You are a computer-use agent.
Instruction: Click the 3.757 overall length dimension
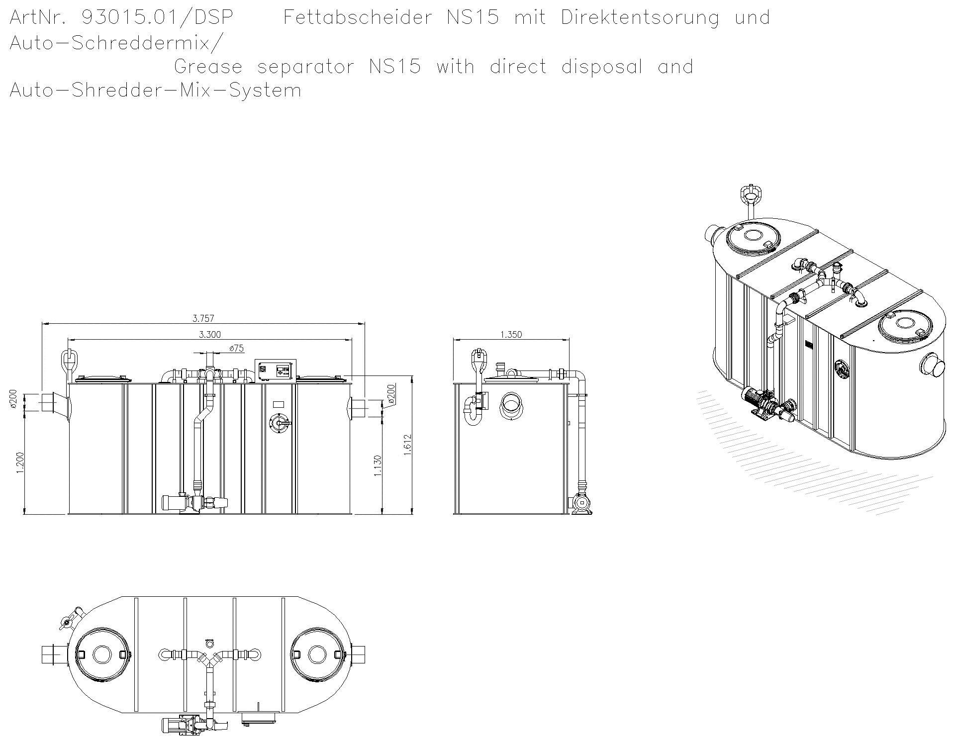[x=203, y=318]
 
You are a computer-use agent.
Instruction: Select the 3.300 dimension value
[x=210, y=335]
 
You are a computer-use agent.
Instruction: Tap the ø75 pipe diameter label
[x=237, y=349]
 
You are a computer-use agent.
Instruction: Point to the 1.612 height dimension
[x=407, y=444]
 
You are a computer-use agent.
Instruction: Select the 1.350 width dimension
[x=511, y=335]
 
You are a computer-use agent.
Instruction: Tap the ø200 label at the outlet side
[x=391, y=394]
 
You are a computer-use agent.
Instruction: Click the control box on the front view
[x=276, y=371]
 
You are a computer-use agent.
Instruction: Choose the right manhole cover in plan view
[x=317, y=654]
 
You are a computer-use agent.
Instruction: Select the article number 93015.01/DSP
[x=157, y=18]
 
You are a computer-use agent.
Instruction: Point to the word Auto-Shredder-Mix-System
[x=155, y=91]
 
